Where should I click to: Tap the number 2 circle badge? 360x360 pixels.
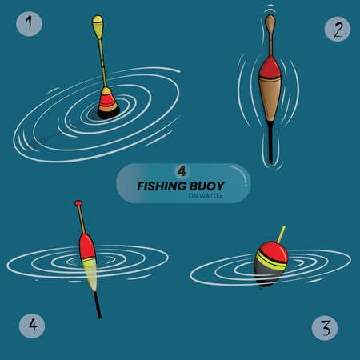pyautogui.click(x=338, y=30)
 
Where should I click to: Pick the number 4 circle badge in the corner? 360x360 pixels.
pyautogui.click(x=31, y=326)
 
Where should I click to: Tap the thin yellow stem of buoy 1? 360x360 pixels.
pyautogui.click(x=102, y=64)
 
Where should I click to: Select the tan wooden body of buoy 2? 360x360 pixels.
pyautogui.click(x=271, y=100)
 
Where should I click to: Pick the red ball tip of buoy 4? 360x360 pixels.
pyautogui.click(x=78, y=204)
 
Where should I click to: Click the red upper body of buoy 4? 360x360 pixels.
pyautogui.click(x=87, y=244)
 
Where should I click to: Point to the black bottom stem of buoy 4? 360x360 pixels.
pyautogui.click(x=97, y=304)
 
